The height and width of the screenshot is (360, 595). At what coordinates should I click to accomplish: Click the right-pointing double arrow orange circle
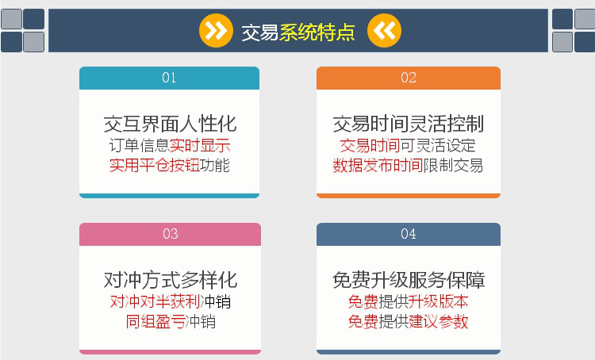tap(216, 31)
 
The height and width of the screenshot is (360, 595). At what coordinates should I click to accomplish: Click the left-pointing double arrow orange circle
tap(384, 31)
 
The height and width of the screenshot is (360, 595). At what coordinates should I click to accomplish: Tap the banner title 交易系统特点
tap(298, 32)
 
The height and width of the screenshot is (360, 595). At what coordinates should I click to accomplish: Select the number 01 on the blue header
tap(169, 78)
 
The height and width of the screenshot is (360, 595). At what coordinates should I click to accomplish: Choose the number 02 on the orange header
tap(409, 78)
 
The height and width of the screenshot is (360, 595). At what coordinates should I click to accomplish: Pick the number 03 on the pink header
tap(170, 234)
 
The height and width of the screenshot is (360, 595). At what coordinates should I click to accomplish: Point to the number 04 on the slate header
tap(409, 234)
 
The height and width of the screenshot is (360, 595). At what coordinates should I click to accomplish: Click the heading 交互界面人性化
tap(170, 124)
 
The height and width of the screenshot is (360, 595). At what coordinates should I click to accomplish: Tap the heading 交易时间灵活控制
tap(409, 124)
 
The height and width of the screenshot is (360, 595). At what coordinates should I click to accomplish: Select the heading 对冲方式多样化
tap(171, 280)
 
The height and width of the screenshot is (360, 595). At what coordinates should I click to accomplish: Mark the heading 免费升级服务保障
tap(409, 280)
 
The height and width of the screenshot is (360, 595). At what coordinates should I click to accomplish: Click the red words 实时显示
tap(200, 145)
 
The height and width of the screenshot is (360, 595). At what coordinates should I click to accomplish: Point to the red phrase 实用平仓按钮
tap(155, 166)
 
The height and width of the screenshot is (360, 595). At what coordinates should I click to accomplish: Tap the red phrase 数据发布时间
tap(378, 166)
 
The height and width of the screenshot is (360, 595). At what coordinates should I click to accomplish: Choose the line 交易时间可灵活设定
tap(408, 145)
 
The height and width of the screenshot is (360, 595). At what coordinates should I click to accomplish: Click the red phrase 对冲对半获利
tap(155, 301)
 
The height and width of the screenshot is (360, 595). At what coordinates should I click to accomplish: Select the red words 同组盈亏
tap(155, 322)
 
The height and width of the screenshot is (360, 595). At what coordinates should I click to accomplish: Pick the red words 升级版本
tap(438, 301)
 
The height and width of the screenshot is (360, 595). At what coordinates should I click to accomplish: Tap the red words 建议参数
tap(438, 322)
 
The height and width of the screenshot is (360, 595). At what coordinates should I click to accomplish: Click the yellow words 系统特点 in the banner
tap(317, 32)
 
